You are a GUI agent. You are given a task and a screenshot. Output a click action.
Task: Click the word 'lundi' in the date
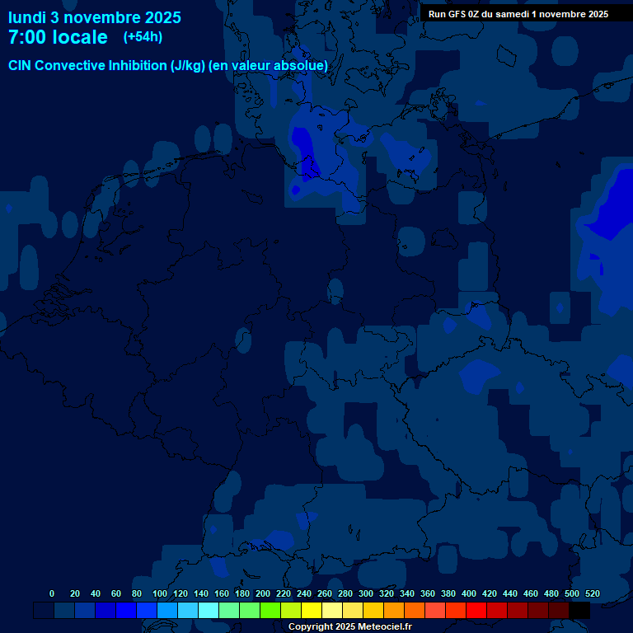pyautogui.click(x=26, y=17)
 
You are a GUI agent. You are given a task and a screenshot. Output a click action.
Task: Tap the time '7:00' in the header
pyautogui.click(x=30, y=37)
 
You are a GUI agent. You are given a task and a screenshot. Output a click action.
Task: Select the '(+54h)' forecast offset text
pyautogui.click(x=143, y=37)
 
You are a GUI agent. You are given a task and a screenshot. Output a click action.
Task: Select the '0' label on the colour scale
pyautogui.click(x=52, y=593)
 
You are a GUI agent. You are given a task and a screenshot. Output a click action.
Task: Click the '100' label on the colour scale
pyautogui.click(x=160, y=593)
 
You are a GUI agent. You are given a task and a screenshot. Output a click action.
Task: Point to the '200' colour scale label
pyautogui.click(x=263, y=593)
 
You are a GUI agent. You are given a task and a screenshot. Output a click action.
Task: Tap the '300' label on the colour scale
pyautogui.click(x=366, y=593)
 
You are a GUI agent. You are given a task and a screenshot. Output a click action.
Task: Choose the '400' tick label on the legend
pyautogui.click(x=469, y=593)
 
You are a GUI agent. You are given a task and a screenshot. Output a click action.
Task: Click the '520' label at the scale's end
pyautogui.click(x=592, y=593)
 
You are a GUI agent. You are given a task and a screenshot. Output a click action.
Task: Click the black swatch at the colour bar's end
pyautogui.click(x=579, y=610)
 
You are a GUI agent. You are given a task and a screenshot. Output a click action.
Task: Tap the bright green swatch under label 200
pyautogui.click(x=270, y=610)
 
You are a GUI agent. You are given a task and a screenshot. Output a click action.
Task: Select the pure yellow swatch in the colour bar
pyautogui.click(x=312, y=610)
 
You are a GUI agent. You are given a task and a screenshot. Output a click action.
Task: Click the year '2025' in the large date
pyautogui.click(x=157, y=17)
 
